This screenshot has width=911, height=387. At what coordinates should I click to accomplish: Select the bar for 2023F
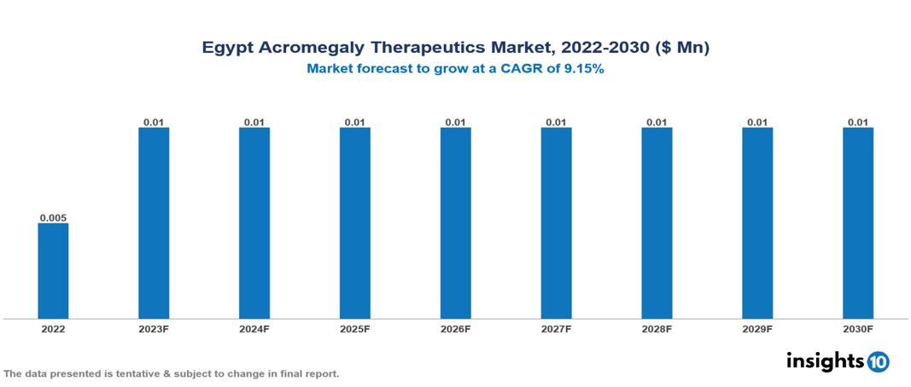(x=154, y=223)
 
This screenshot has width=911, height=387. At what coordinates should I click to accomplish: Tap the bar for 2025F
(x=354, y=223)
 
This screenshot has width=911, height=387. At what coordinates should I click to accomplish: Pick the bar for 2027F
(x=556, y=223)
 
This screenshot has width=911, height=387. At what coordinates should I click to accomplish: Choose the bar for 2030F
(x=857, y=223)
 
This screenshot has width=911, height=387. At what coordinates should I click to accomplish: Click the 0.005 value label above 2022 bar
(x=53, y=218)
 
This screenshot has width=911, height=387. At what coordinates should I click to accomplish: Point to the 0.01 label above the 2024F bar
(x=254, y=123)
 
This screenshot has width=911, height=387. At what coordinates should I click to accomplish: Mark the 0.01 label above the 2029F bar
(x=757, y=123)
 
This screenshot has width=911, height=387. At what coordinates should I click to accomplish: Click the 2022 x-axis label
(x=53, y=329)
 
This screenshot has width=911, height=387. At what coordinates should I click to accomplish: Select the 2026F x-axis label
(x=455, y=329)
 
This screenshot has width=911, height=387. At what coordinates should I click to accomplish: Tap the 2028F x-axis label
(x=657, y=329)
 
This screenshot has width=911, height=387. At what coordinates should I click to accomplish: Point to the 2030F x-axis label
(x=857, y=329)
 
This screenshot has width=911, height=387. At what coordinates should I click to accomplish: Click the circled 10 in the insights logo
(x=879, y=361)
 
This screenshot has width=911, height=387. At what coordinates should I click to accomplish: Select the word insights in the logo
(x=825, y=361)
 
